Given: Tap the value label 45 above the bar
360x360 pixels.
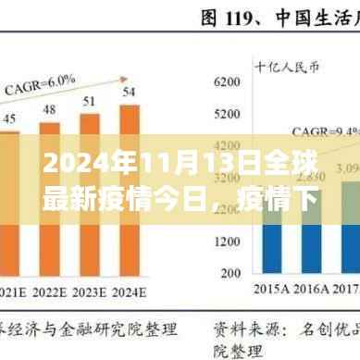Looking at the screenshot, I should (10, 118).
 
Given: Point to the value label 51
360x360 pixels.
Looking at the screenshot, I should (90, 100).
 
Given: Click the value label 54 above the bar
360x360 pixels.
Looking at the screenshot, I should (130, 91).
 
